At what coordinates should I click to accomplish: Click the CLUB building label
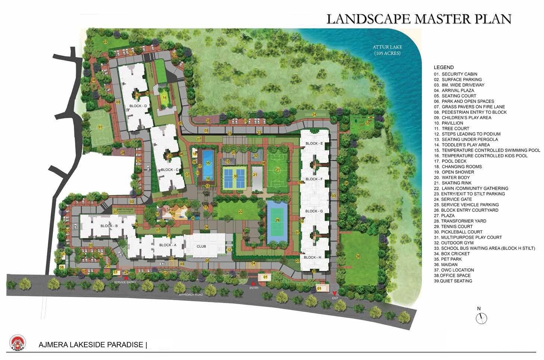coord(201,246)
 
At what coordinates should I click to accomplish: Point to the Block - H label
coord(313,258)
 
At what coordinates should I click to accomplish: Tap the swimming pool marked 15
coord(207,163)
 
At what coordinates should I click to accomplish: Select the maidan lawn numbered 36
coord(358,257)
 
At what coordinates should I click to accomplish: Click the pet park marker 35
coord(367,123)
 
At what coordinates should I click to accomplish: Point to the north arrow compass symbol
coord(481,318)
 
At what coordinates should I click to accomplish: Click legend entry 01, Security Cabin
coord(456,74)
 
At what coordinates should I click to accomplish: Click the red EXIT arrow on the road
coord(334,293)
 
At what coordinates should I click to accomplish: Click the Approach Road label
coord(190,295)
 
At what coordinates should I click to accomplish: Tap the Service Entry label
coord(125,283)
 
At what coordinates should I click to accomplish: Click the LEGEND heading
coord(444,68)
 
